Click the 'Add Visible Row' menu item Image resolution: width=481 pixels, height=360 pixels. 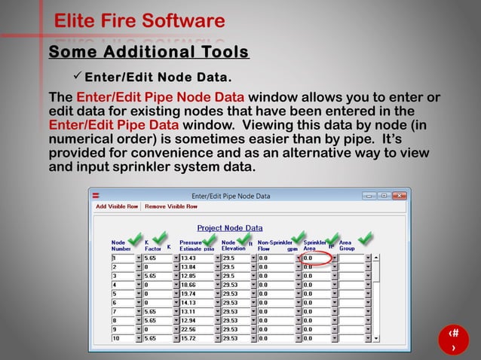117,206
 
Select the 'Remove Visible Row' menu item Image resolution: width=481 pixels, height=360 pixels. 171,206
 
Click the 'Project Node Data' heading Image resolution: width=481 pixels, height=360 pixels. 230,228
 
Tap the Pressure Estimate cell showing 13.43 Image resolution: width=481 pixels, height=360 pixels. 197,258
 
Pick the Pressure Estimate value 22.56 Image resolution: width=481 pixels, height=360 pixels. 197,329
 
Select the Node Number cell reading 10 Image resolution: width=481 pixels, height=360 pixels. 123,338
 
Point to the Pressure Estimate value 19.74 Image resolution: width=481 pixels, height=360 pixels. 197,293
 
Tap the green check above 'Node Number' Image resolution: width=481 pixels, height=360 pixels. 134,239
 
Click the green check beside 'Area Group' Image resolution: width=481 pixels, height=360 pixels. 365,238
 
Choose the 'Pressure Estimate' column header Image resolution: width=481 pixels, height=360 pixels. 190,246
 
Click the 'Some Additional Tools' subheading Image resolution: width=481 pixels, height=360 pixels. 149,52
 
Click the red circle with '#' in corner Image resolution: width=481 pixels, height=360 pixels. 453,339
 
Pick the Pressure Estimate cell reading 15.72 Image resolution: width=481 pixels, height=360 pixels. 197,338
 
